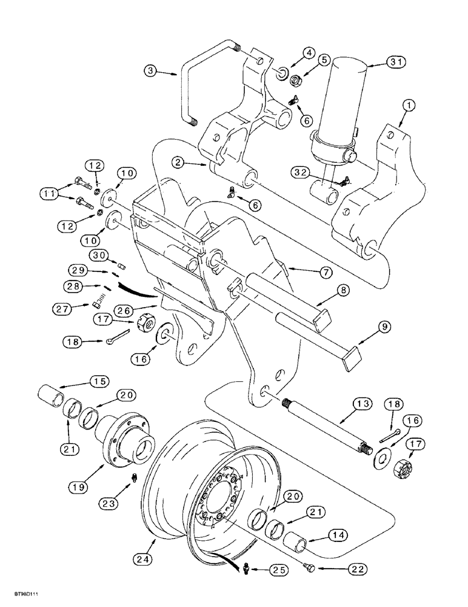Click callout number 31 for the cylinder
point(385,61)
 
